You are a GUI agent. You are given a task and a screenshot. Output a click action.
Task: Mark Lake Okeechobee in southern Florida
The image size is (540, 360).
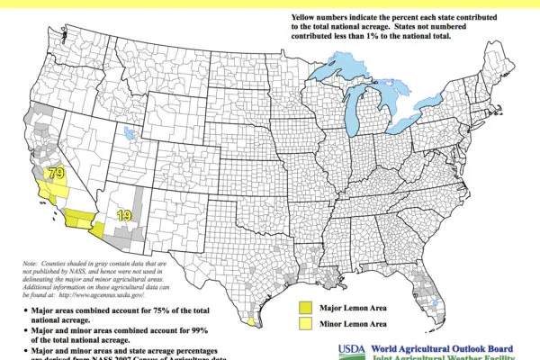point(438,305)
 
